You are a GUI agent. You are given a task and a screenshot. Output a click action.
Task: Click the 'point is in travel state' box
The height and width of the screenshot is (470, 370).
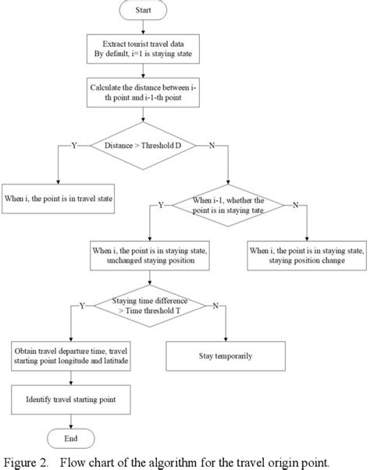coord(59,198)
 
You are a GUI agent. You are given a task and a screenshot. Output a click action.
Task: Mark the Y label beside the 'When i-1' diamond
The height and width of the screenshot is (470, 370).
coord(161,206)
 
